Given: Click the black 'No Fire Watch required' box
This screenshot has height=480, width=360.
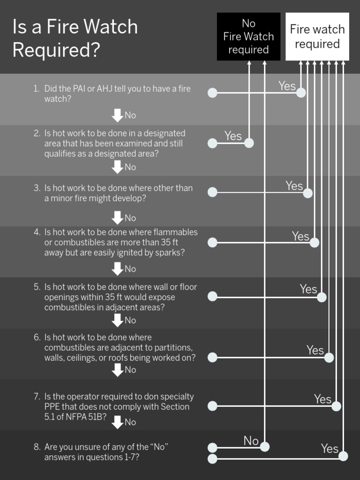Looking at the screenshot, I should click(248, 37).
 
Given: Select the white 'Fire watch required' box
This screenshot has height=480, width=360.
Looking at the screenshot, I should click(317, 37).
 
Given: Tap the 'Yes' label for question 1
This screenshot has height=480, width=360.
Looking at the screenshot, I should click(287, 86).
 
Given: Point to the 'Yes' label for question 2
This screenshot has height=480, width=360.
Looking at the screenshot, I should click(233, 136).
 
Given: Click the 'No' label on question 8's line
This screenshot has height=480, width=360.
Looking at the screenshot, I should click(251, 441).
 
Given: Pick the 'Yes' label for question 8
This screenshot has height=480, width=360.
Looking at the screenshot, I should click(330, 449).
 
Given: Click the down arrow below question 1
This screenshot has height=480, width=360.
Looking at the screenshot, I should click(117, 115).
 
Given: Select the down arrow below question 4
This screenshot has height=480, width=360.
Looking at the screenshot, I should click(117, 269).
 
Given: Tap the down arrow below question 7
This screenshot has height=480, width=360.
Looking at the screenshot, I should click(117, 422).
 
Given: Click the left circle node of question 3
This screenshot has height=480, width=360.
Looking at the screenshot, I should click(212, 192).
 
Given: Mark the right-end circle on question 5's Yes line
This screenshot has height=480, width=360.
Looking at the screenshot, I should click(322, 297).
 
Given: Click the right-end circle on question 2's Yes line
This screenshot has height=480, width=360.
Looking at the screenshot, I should click(249, 143).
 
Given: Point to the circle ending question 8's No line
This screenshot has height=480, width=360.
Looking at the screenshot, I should click(265, 447).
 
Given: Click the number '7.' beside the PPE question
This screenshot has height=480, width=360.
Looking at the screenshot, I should click(37, 397).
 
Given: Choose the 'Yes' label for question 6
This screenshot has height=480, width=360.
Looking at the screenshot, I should click(315, 350).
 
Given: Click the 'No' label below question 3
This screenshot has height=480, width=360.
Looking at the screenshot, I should click(130, 218).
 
